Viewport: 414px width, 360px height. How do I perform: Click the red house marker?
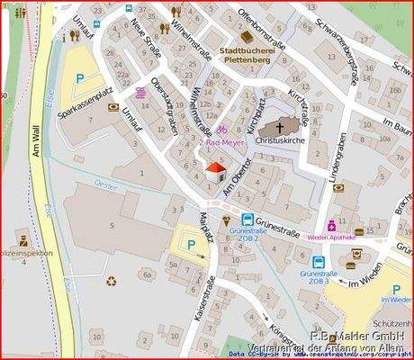pos(216,172)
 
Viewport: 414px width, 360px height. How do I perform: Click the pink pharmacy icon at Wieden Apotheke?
pos(331,225)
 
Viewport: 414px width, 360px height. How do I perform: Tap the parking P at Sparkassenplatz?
pos(80,79)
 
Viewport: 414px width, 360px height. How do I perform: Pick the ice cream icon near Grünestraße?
pos(225,220)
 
